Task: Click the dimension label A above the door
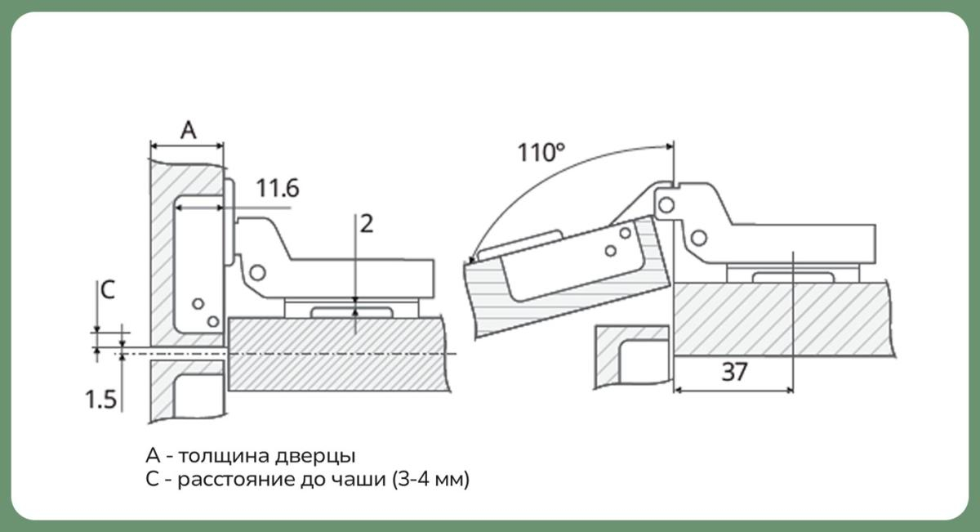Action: [189, 130]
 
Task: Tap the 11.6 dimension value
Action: [278, 188]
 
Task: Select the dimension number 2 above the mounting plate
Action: [367, 224]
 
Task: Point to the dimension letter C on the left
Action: [108, 289]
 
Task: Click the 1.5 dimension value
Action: [100, 400]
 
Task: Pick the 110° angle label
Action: [541, 152]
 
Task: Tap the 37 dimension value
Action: [734, 372]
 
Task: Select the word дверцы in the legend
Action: [315, 456]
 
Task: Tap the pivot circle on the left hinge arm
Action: [258, 273]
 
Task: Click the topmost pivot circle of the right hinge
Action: [666, 205]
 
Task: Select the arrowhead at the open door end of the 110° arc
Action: [470, 261]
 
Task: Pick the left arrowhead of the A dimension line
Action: [154, 145]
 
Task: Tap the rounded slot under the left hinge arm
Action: [352, 313]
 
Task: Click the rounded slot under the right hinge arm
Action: [793, 278]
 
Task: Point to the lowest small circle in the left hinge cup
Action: [213, 322]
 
